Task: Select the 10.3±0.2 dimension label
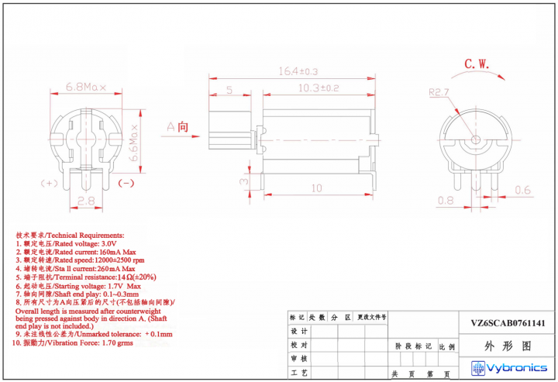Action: tap(319, 88)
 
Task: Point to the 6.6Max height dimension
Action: tap(133, 141)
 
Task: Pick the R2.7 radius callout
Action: tap(439, 92)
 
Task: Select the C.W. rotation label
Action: tap(476, 64)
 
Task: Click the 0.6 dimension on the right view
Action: tap(523, 190)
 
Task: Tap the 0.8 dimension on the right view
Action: tap(446, 201)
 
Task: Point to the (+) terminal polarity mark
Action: tap(50, 183)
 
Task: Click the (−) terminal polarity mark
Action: tap(126, 183)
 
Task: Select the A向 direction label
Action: tap(177, 126)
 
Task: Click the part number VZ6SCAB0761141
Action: tap(508, 324)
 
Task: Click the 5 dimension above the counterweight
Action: tap(229, 89)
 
